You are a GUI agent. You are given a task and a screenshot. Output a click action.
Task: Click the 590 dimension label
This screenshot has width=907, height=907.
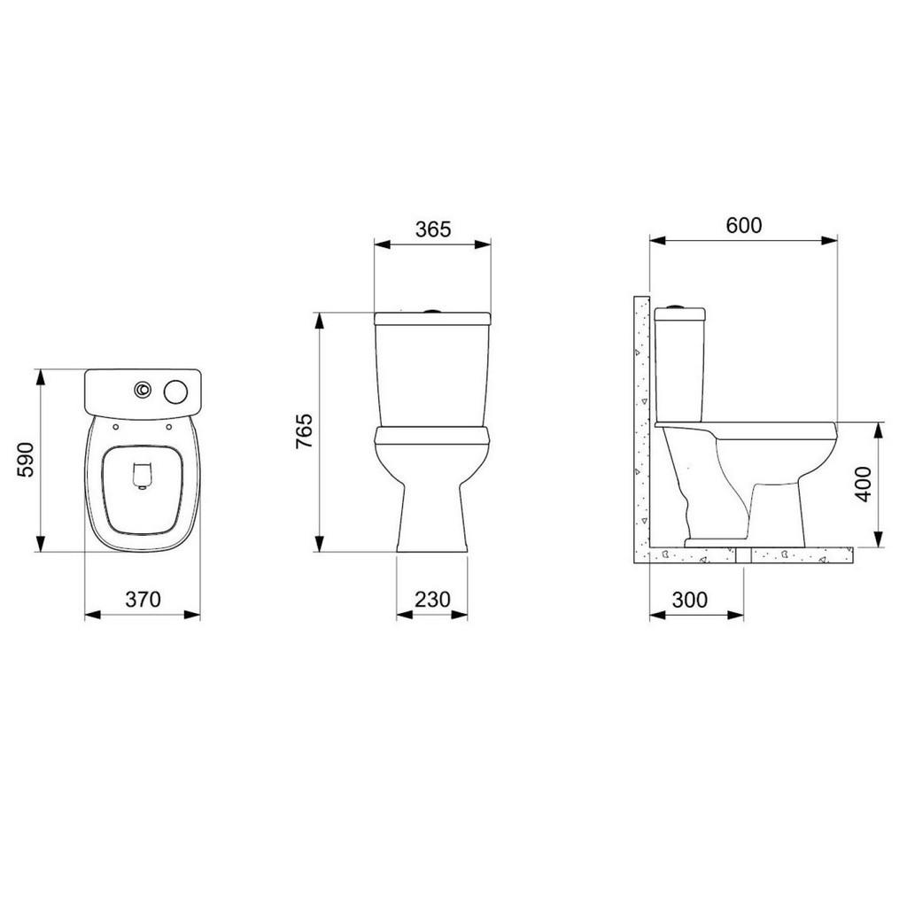(26, 460)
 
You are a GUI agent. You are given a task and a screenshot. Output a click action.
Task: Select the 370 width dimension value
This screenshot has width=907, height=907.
(143, 600)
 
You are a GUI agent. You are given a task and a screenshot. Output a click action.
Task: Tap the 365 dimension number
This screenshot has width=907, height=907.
(432, 229)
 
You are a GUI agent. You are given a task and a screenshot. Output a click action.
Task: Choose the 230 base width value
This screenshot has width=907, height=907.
(432, 600)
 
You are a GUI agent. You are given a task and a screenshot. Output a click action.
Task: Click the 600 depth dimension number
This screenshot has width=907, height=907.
(744, 225)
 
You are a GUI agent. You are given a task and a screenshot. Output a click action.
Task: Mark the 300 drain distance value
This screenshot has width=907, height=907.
(689, 600)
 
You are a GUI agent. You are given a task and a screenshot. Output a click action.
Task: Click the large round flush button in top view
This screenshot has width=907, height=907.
(176, 391)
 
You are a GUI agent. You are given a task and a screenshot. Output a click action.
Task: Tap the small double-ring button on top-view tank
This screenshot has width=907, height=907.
(143, 391)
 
